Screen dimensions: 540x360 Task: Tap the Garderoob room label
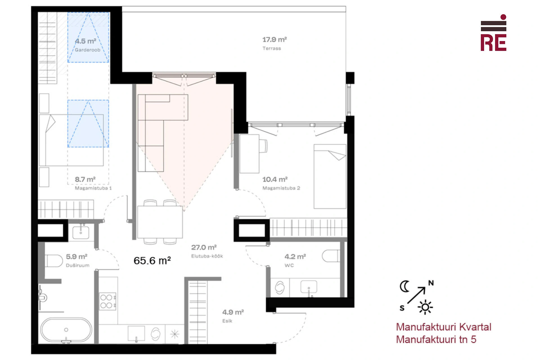87,50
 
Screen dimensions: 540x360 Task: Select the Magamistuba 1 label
93,188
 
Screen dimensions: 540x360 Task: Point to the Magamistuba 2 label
281,188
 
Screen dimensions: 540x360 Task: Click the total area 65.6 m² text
152,260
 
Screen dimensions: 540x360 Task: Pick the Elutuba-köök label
207,256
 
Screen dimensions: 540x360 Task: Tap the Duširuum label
78,265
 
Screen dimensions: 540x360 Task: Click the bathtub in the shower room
66,330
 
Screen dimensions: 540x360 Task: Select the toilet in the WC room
331,256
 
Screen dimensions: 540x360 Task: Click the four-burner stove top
108,301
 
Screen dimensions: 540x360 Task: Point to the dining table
160,222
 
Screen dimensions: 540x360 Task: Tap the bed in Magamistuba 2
330,177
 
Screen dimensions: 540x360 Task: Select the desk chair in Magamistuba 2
263,146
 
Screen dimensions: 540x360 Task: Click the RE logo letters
493,43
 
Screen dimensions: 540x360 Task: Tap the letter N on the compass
431,283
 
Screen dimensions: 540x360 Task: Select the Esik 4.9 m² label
233,316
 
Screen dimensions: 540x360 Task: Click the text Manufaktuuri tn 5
436,339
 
